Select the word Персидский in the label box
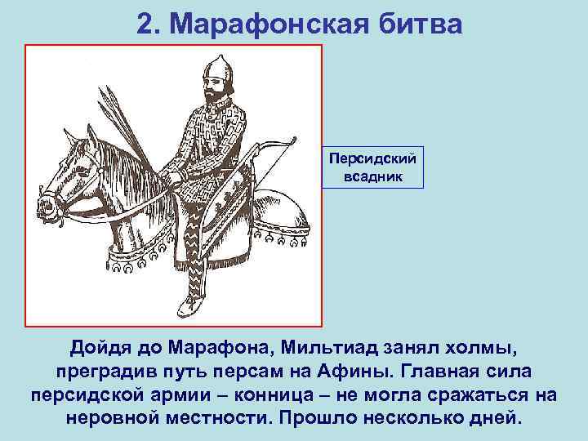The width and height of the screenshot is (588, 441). (x=372, y=155)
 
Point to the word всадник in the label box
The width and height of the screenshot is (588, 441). (x=372, y=176)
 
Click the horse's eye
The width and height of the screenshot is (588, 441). (x=75, y=158)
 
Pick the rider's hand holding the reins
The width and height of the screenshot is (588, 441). (x=172, y=175)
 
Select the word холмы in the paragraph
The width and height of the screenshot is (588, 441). (x=481, y=349)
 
